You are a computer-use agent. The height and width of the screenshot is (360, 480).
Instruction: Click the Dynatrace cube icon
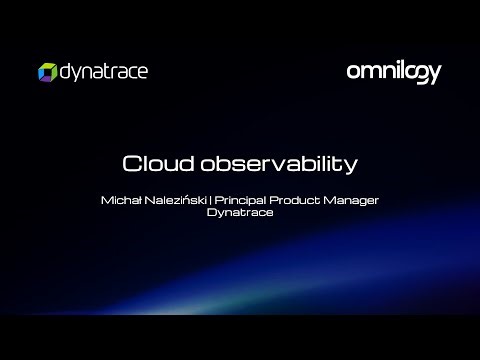pos(46,71)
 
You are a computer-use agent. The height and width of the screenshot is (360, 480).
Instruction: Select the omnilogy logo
pos(393,71)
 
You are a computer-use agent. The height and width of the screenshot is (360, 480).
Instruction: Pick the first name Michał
pos(119,200)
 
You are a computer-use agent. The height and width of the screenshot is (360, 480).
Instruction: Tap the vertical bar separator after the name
pos(205,200)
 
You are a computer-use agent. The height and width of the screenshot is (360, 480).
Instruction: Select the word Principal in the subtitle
pos(233,200)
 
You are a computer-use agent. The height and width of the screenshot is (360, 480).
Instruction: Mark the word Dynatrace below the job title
pos(239,212)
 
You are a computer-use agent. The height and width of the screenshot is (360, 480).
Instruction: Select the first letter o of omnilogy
pos(353,71)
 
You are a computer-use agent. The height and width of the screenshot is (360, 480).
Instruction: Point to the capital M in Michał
pos(107,200)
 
